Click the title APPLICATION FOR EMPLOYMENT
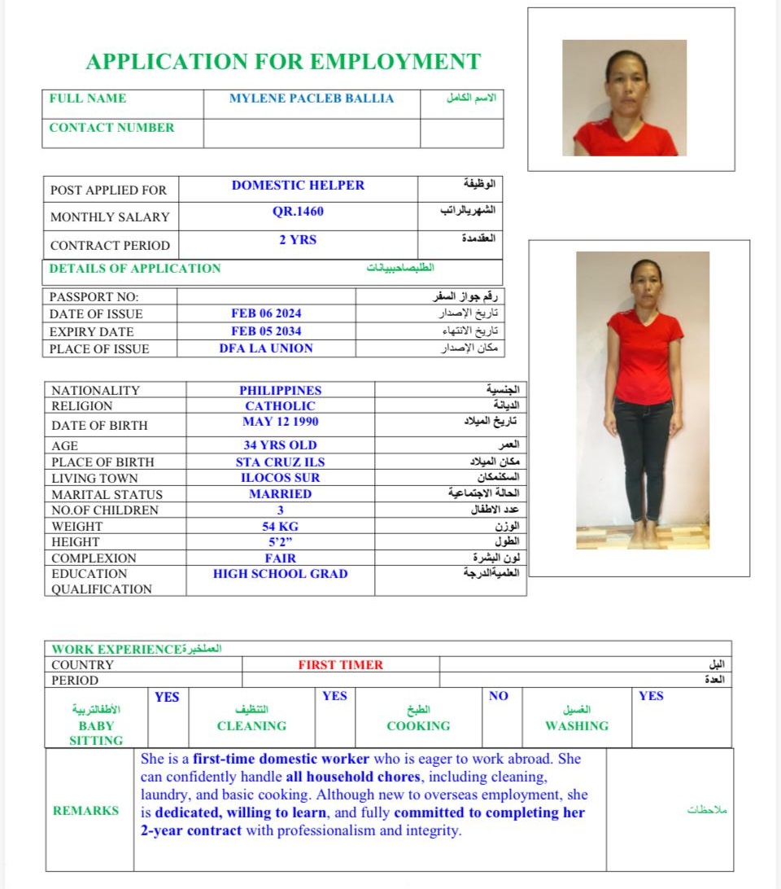[x=283, y=62]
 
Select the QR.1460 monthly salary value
[x=298, y=212]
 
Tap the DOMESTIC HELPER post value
[x=298, y=186]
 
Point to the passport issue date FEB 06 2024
[x=266, y=313]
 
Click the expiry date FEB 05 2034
[x=266, y=331]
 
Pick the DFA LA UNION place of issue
[x=266, y=348]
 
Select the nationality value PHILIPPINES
[x=281, y=391]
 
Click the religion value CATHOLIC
[x=281, y=406]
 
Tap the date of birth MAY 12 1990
[x=281, y=422]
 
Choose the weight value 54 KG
[x=281, y=527]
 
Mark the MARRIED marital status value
[x=281, y=494]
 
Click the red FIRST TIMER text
[x=340, y=665]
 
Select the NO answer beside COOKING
[x=499, y=696]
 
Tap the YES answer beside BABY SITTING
[x=167, y=697]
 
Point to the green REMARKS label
[x=85, y=811]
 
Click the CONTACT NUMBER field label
[x=111, y=128]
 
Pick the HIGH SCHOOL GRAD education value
[x=281, y=574]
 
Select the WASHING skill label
[x=577, y=726]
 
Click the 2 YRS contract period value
[x=298, y=240]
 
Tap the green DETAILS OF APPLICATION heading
[x=135, y=269]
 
